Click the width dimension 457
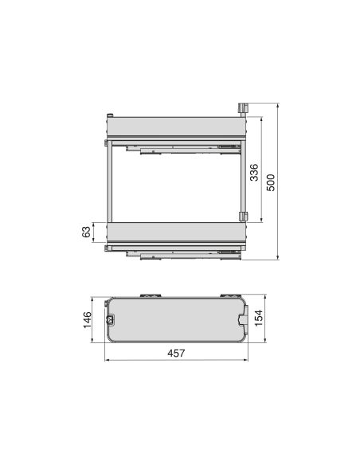pyautogui.click(x=177, y=353)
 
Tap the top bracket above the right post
pyautogui.click(x=243, y=107)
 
